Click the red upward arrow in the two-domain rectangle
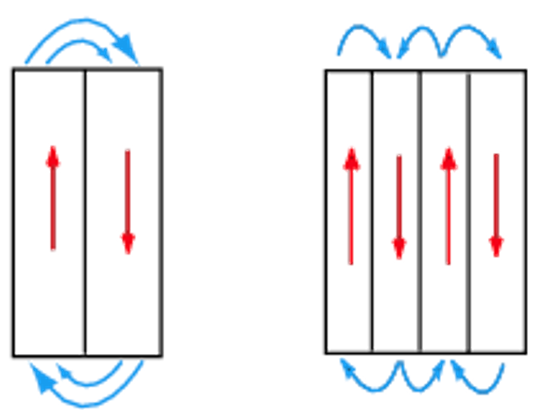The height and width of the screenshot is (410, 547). [52, 197]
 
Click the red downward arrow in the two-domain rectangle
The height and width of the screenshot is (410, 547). [127, 201]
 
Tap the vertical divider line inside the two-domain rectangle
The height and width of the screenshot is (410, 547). [85, 212]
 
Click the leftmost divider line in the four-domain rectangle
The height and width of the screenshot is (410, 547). [372, 212]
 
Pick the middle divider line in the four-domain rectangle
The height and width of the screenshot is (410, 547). [421, 212]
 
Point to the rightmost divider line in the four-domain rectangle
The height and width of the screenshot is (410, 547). [469, 212]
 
